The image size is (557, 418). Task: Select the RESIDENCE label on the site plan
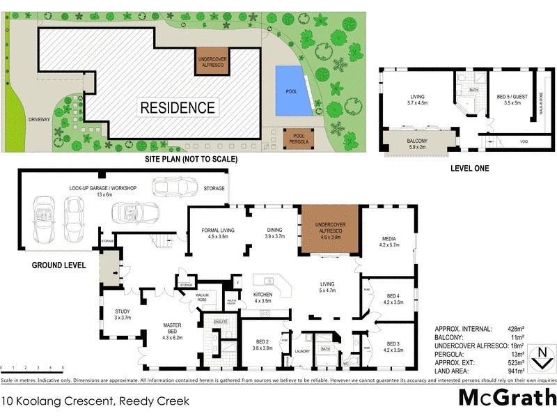tap(178, 108)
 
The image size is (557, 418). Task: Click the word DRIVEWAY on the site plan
tap(40, 120)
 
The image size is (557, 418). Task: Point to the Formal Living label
tap(217, 232)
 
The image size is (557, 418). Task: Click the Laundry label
tap(301, 352)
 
